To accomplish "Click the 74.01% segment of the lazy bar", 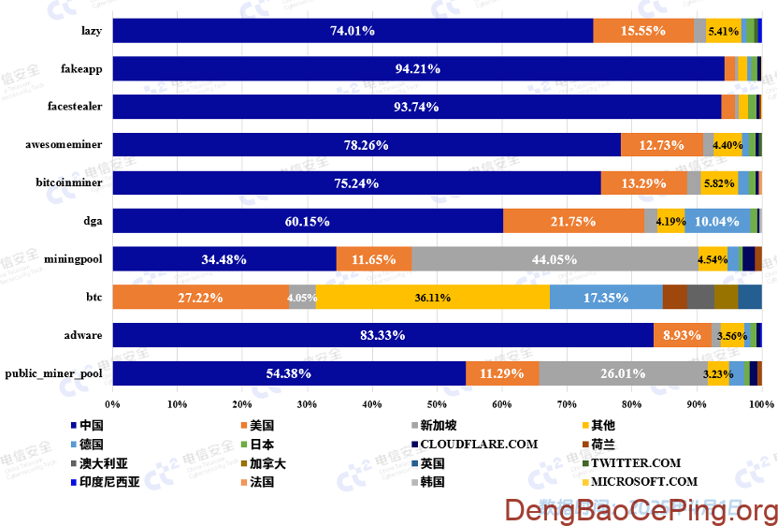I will click(x=353, y=31).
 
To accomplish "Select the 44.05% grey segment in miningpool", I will click(x=554, y=259).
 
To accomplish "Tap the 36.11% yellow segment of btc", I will click(x=432, y=298).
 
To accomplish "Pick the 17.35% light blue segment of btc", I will click(x=606, y=298).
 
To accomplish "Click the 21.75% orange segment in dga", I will click(x=573, y=221).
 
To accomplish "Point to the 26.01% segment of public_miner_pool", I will click(x=623, y=373).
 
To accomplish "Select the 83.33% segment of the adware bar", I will click(x=382, y=335).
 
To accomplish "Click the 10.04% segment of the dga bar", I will click(x=717, y=221).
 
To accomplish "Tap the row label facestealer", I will click(x=75, y=107).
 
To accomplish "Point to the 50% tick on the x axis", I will click(x=437, y=404).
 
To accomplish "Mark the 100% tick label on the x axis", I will click(x=761, y=404).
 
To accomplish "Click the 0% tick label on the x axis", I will click(x=113, y=404).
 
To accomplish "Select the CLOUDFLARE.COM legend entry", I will click(x=479, y=444).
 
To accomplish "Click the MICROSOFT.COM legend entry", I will click(x=645, y=482).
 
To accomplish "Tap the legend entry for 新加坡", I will click(x=439, y=425).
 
